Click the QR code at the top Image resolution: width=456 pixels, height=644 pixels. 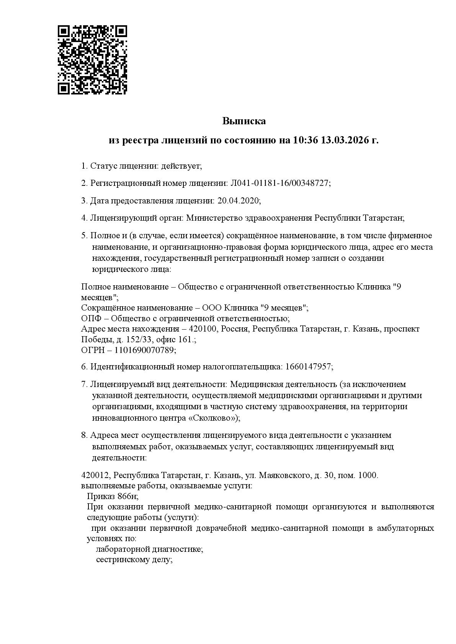click(92, 60)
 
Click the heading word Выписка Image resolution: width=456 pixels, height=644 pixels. click(244, 121)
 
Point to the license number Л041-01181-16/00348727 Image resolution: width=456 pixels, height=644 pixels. click(279, 183)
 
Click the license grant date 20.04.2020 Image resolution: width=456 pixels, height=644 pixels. click(238, 201)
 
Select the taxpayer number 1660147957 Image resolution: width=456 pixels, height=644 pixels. click(307, 367)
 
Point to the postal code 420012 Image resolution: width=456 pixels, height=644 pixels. click(95, 475)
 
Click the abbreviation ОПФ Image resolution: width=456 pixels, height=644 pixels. click(90, 319)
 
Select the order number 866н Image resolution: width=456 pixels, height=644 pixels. click(127, 496)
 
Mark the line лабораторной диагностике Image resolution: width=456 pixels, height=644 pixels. click(149, 550)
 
